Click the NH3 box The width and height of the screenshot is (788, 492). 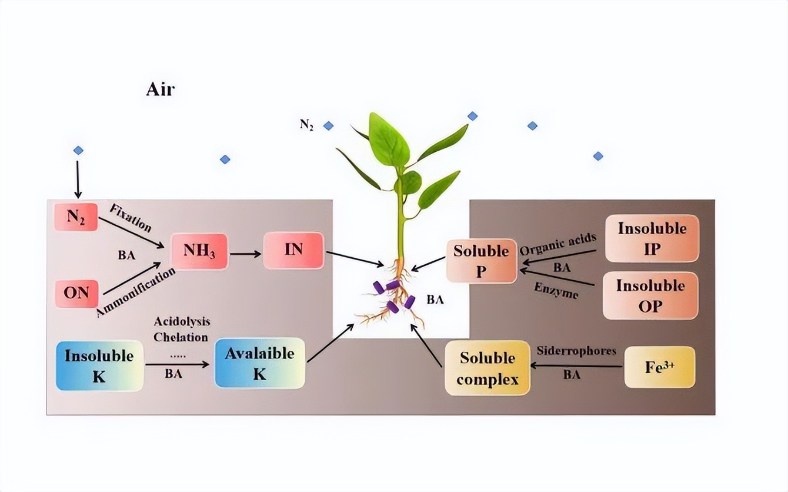(199, 251)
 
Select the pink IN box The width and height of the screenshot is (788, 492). (293, 250)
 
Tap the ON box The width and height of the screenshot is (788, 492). (76, 292)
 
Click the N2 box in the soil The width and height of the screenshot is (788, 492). (75, 216)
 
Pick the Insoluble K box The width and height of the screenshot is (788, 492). (99, 365)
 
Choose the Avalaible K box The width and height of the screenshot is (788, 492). (259, 363)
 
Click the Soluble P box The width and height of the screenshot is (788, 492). (481, 261)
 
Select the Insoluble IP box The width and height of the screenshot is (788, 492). (652, 238)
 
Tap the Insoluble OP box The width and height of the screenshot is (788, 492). (650, 295)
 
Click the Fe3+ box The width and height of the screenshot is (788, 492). (659, 367)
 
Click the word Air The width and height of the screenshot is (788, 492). (160, 90)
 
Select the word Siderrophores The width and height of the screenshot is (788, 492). (576, 351)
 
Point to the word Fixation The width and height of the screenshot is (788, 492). (131, 218)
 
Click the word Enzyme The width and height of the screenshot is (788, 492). (556, 290)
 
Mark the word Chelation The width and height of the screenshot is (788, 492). (181, 337)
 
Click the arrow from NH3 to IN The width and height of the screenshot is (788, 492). (245, 254)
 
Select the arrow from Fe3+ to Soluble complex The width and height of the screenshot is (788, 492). (576, 365)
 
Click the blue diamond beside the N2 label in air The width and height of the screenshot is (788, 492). (328, 125)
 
